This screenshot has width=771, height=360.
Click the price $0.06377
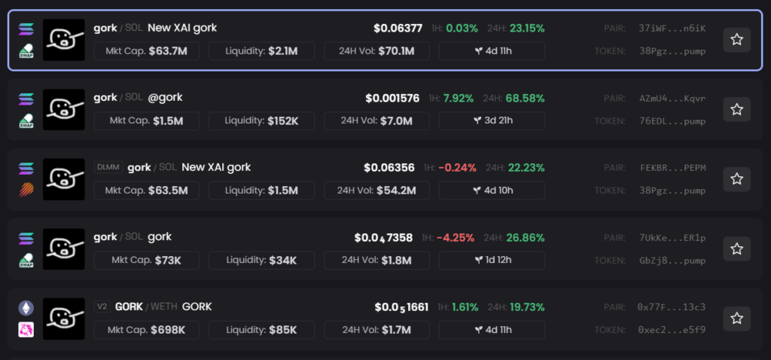[x=398, y=29]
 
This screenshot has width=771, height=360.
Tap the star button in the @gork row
[x=736, y=110]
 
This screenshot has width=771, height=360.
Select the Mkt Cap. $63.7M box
[x=147, y=51]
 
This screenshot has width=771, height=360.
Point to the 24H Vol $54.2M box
[x=377, y=191]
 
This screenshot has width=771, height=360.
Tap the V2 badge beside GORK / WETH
[x=102, y=307]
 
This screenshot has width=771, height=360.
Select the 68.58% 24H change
[x=526, y=99]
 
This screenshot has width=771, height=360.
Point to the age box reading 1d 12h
[x=492, y=261]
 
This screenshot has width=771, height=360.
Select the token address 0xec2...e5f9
[x=672, y=330]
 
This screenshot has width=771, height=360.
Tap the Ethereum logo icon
[x=26, y=308]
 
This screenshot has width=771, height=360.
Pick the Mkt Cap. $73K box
[x=147, y=261]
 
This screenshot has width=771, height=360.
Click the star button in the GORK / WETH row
[x=736, y=319]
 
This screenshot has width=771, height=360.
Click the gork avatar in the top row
[x=63, y=40]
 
